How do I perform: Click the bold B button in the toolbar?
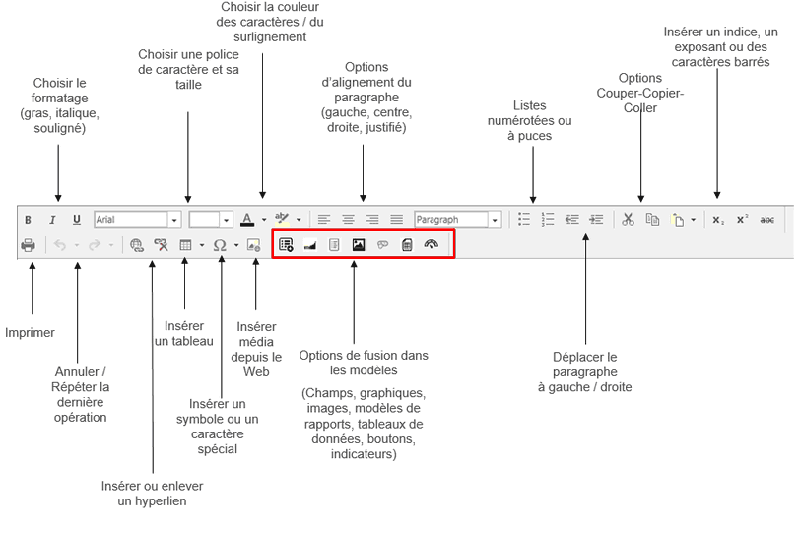pyautogui.click(x=28, y=220)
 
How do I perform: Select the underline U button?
pyautogui.click(x=77, y=220)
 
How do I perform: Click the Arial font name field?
pyautogui.click(x=131, y=220)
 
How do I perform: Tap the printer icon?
pyautogui.click(x=28, y=245)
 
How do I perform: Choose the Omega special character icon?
pyautogui.click(x=219, y=245)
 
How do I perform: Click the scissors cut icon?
pyautogui.click(x=628, y=220)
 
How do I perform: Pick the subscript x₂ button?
pyautogui.click(x=718, y=220)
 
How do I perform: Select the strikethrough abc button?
pyautogui.click(x=767, y=220)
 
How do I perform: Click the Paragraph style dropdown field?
pyautogui.click(x=450, y=220)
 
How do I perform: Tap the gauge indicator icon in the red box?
pyautogui.click(x=431, y=244)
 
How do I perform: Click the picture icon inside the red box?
pyautogui.click(x=359, y=244)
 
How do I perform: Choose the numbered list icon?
pyautogui.click(x=548, y=220)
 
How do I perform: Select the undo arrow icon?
pyautogui.click(x=60, y=245)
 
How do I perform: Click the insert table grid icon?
pyautogui.click(x=185, y=245)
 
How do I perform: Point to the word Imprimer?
pyautogui.click(x=30, y=333)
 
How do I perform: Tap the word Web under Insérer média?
pyautogui.click(x=256, y=371)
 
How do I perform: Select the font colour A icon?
pyautogui.click(x=248, y=219)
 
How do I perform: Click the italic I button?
pyautogui.click(x=52, y=220)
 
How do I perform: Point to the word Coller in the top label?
pyautogui.click(x=639, y=108)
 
